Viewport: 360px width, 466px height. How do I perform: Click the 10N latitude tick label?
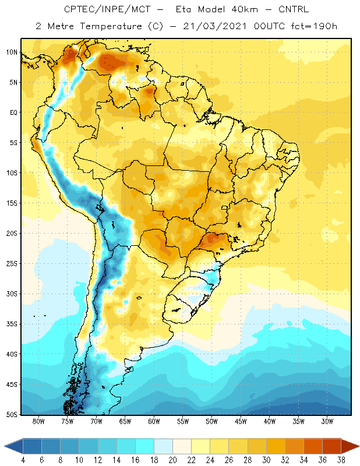tap(12, 52)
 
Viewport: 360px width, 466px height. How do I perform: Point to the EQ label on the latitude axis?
tap(13, 112)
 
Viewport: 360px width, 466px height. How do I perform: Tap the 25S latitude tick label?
tap(12, 264)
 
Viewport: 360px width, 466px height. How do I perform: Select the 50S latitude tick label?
tap(12, 415)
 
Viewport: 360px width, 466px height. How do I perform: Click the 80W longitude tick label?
tap(38, 421)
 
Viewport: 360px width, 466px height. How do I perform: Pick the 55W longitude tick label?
tap(183, 421)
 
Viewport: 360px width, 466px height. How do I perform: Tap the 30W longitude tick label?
tap(327, 421)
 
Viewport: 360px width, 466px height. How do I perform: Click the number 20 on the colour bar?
tap(172, 460)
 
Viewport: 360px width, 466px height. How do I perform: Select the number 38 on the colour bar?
tap(341, 460)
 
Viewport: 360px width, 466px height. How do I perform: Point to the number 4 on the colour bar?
tap(23, 460)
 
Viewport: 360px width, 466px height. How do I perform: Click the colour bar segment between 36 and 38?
tap(331, 446)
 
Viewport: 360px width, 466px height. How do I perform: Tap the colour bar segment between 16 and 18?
tap(145, 446)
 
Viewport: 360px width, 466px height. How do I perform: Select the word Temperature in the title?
tap(111, 26)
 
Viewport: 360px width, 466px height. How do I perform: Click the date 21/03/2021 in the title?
tap(214, 26)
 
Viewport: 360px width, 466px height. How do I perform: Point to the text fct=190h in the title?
tap(314, 26)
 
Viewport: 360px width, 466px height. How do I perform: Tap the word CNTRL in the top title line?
tap(294, 9)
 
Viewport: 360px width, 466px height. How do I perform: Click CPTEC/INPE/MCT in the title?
tap(107, 9)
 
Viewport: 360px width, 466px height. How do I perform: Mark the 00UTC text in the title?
tap(269, 26)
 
